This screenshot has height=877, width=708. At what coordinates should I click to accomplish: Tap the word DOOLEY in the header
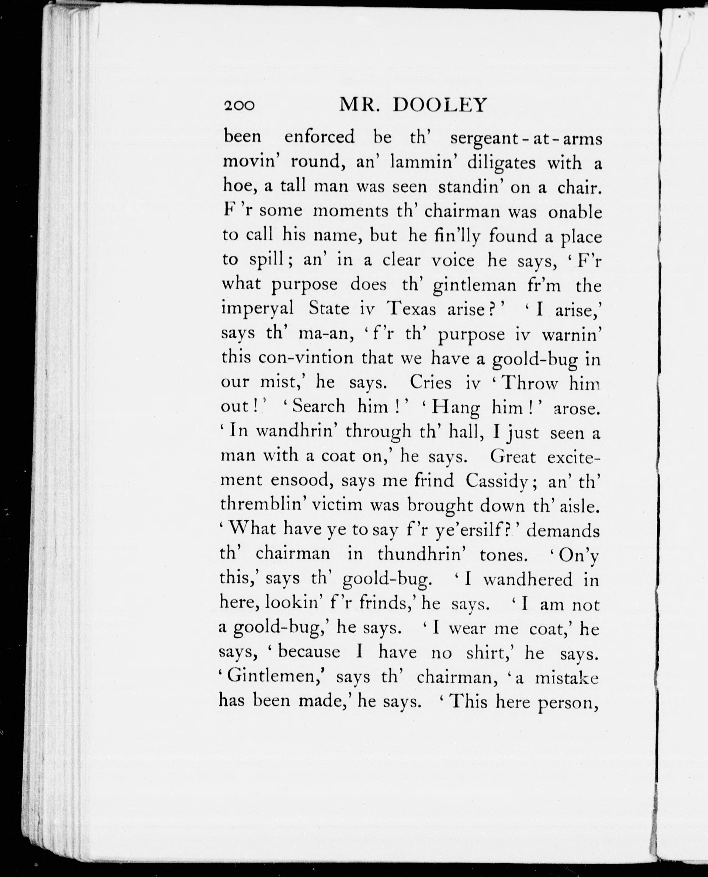[440, 105]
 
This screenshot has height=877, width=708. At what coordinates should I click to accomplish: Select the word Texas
[411, 309]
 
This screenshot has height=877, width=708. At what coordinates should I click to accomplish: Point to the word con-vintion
[306, 358]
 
